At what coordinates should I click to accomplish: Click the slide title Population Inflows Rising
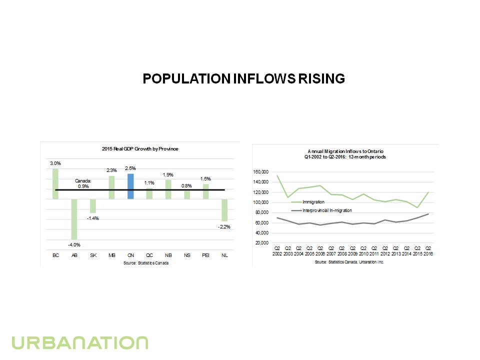tap(243, 79)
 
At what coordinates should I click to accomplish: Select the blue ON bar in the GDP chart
tap(130, 186)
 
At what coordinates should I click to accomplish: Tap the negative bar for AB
tap(74, 219)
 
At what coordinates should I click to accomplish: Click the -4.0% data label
tap(74, 244)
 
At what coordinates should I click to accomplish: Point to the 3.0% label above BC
tap(55, 163)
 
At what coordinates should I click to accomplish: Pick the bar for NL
tap(224, 210)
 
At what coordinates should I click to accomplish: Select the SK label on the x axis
tap(93, 255)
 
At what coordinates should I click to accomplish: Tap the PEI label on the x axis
tap(205, 255)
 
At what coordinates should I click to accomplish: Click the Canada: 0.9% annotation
tap(83, 183)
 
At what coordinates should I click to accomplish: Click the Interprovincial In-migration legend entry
tap(327, 210)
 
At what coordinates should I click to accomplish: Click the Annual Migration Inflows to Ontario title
tap(345, 153)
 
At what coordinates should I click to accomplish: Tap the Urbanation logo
tap(80, 343)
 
